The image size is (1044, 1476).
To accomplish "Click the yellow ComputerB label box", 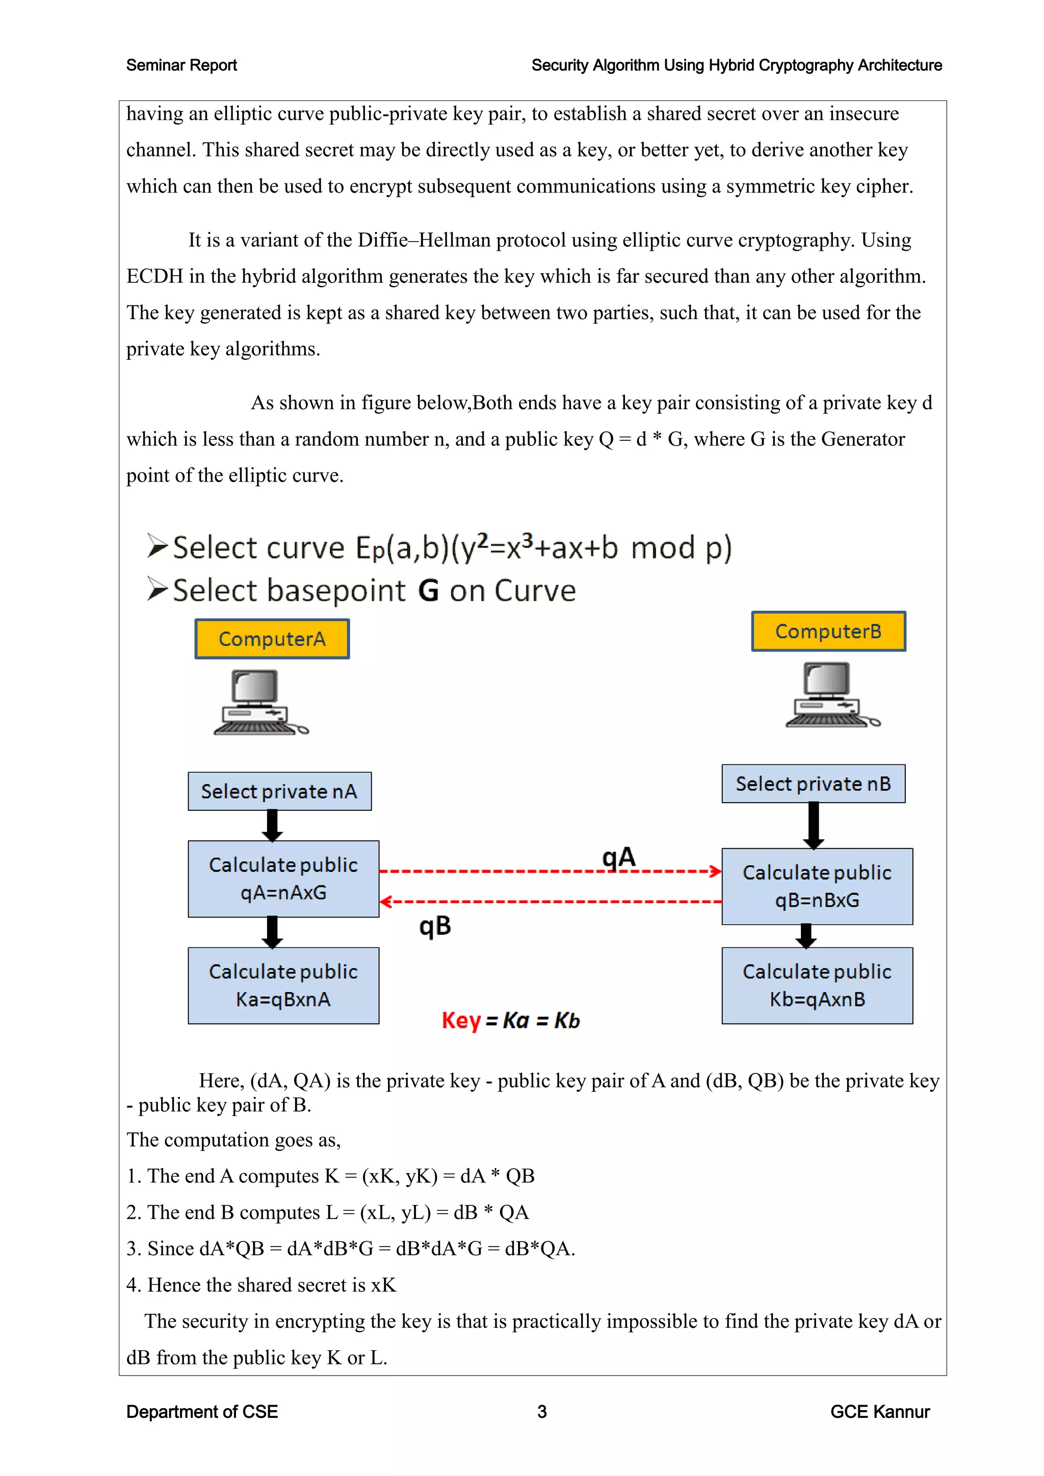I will coord(828,631).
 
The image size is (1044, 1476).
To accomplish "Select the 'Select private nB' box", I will coord(813,784).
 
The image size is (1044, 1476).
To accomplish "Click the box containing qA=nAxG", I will coord(283,878).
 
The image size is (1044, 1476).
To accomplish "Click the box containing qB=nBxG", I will coord(817,886).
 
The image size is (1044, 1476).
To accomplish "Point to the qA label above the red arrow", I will coord(618,857).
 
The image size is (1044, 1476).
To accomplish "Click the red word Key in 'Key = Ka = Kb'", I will coord(461,1020).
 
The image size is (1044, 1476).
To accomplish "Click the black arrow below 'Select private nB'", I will coord(813,826).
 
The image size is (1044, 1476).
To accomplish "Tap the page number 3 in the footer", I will coord(542,1412).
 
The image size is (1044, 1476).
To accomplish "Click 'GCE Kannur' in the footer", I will coord(879,1412).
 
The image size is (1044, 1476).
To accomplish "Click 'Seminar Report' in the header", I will coord(181,65).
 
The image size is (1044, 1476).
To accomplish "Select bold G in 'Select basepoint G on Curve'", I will coord(428,590).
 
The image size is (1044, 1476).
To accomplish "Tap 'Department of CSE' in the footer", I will coord(202,1412).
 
